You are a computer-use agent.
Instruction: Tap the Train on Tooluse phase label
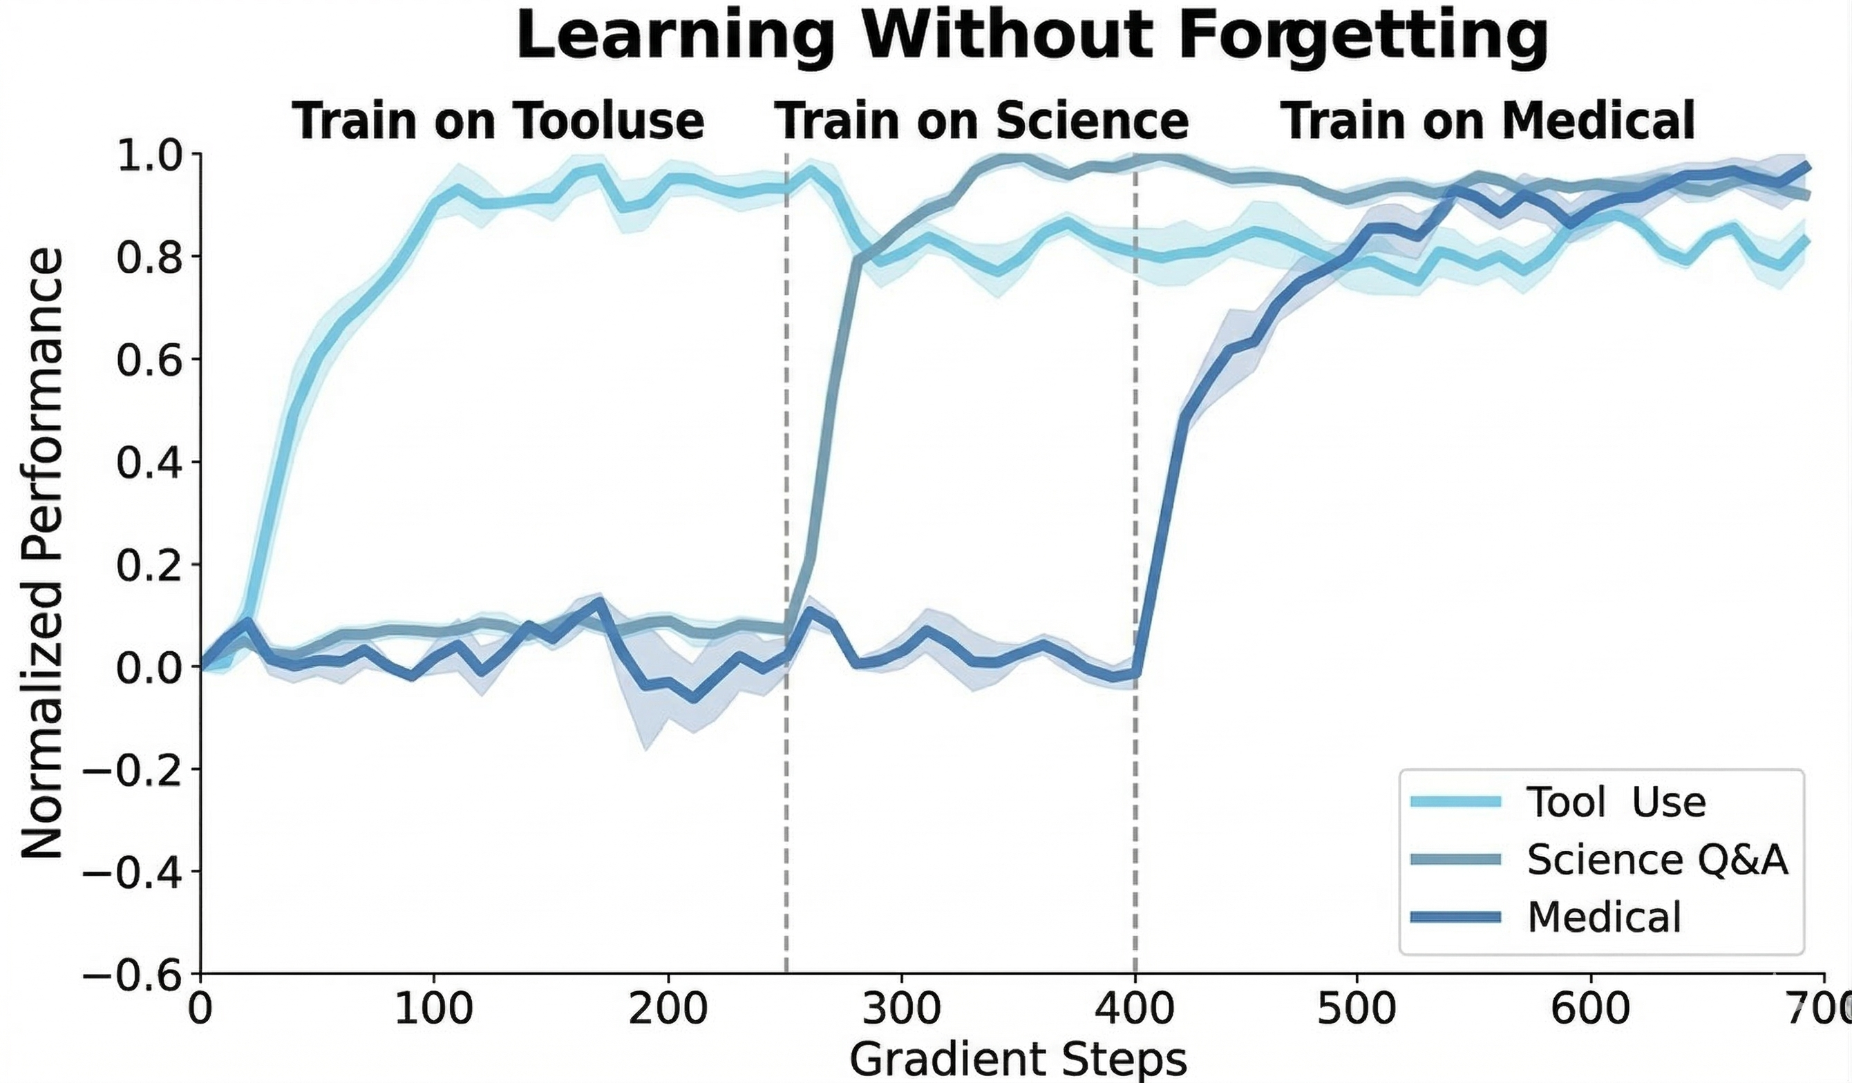[x=498, y=122]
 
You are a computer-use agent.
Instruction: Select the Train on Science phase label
[x=982, y=122]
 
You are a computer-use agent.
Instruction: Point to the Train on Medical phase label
[x=1488, y=122]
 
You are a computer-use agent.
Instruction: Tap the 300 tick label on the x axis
[x=902, y=1011]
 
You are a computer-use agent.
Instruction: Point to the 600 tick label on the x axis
[x=1591, y=1011]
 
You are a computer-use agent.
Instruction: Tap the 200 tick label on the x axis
[x=668, y=1011]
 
